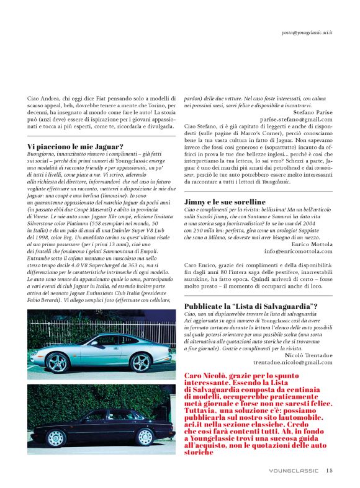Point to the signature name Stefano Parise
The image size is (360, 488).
coord(309,112)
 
